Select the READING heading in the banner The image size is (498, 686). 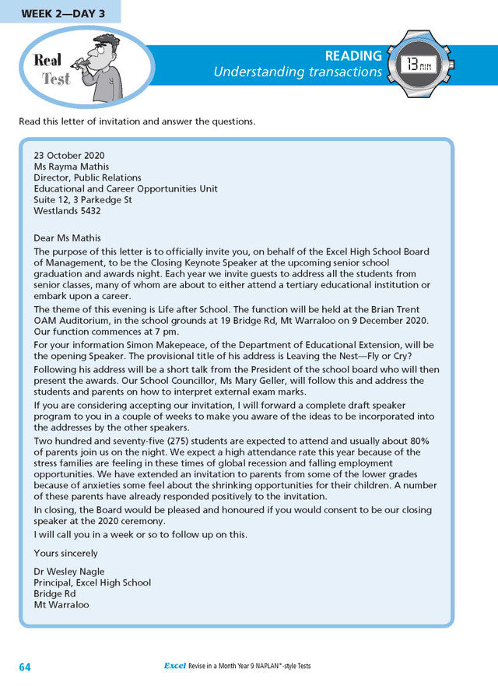pos(353,56)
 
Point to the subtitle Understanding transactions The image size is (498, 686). pos(298,72)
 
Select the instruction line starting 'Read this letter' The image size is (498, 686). pos(137,121)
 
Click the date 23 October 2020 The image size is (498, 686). pos(69,155)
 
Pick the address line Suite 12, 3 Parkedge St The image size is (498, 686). pos(82,199)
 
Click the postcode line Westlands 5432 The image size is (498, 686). pos(67,210)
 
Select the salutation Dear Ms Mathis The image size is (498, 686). pos(68,237)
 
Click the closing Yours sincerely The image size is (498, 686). pos(65,553)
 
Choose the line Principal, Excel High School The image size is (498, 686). pos(92,582)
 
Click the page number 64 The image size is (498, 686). pos(26,667)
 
